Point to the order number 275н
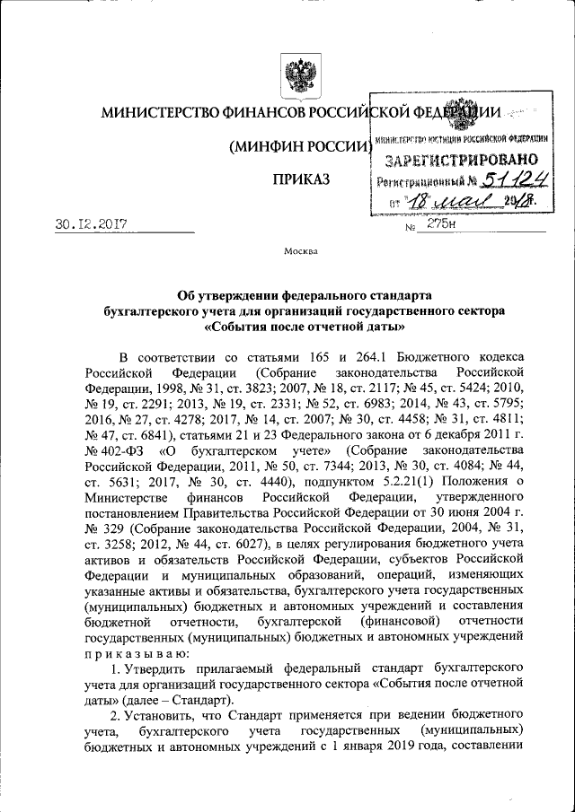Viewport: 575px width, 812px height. click(x=442, y=224)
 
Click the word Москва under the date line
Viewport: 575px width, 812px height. click(x=299, y=250)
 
